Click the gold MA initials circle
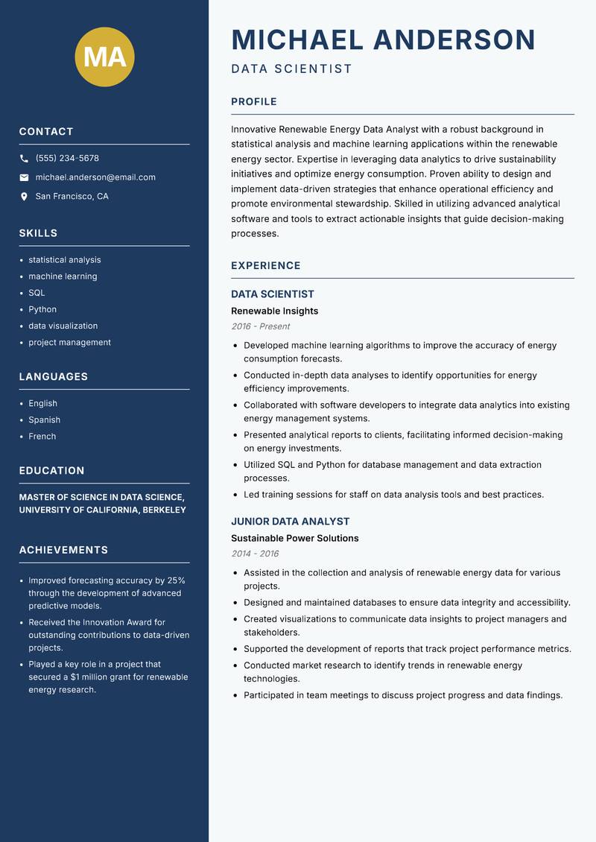pyautogui.click(x=105, y=57)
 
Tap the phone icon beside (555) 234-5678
pyautogui.click(x=24, y=159)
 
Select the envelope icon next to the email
pyautogui.click(x=24, y=177)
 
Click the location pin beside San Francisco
pyautogui.click(x=24, y=197)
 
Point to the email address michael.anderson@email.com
pyautogui.click(x=95, y=177)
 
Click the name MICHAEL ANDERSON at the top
pyautogui.click(x=383, y=39)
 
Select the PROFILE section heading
pyautogui.click(x=254, y=102)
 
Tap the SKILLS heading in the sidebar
pyautogui.click(x=38, y=233)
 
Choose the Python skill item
pyautogui.click(x=42, y=309)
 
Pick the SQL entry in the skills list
pyautogui.click(x=37, y=293)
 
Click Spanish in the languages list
pyautogui.click(x=45, y=420)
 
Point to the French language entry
pyautogui.click(x=42, y=436)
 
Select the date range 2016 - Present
pyautogui.click(x=260, y=326)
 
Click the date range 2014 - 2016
pyautogui.click(x=255, y=554)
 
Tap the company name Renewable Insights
pyautogui.click(x=274, y=311)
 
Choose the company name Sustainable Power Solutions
pyautogui.click(x=294, y=538)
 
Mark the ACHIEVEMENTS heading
pyautogui.click(x=63, y=550)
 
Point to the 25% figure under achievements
pyautogui.click(x=177, y=580)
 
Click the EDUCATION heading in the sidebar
pyautogui.click(x=51, y=471)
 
